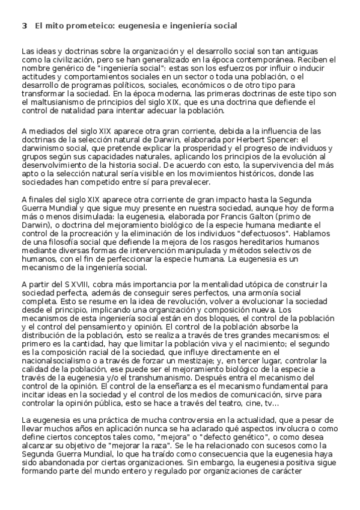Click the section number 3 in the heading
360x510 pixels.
pyautogui.click(x=24, y=26)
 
